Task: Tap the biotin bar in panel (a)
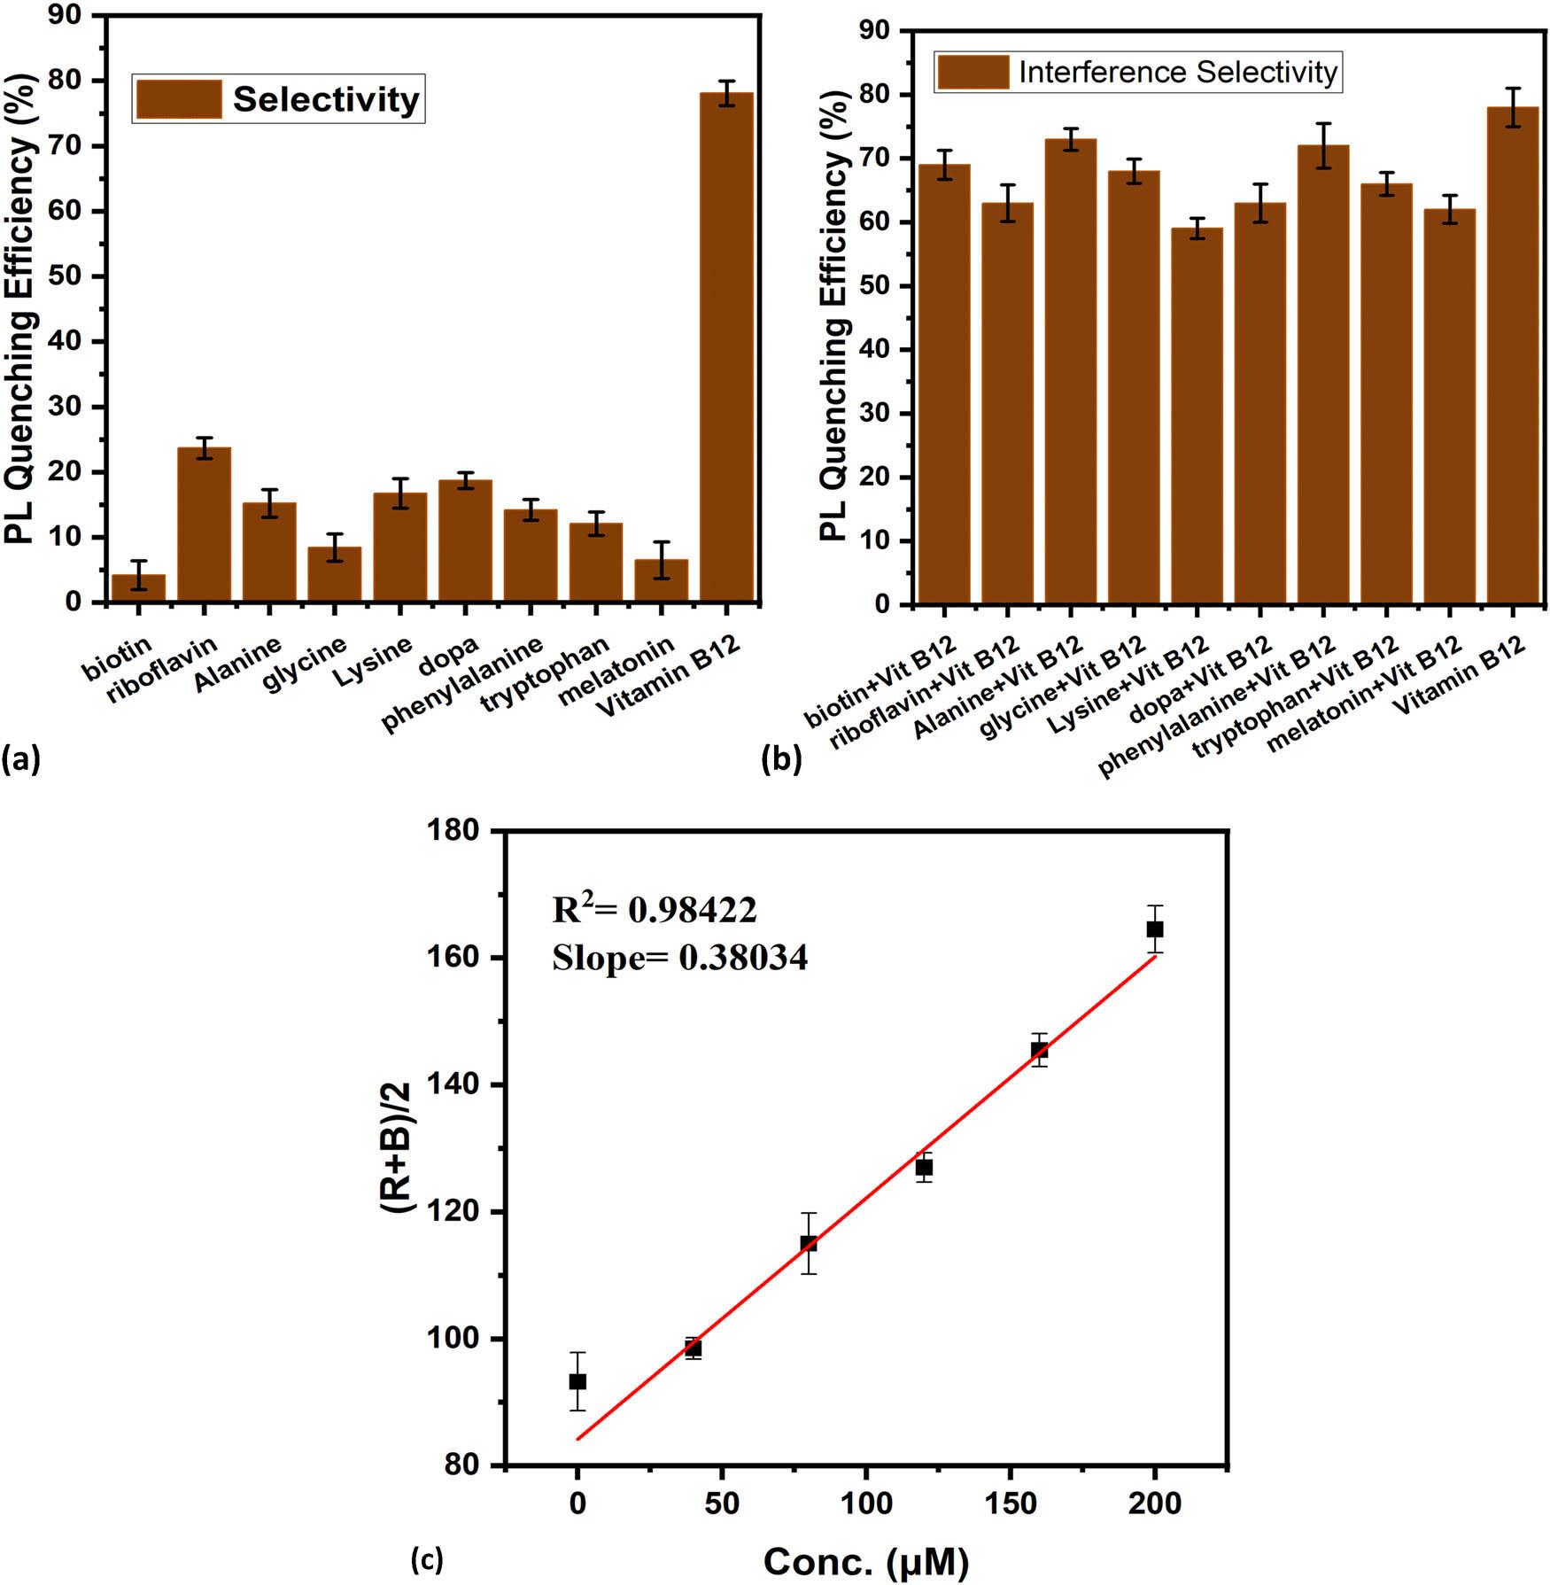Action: pos(138,588)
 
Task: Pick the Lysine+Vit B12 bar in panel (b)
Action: pos(1197,416)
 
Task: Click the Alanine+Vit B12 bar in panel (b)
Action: pos(1070,372)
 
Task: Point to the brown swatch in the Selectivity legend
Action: pos(178,99)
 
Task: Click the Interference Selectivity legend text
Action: pos(1177,72)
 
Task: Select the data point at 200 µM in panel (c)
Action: pos(1154,928)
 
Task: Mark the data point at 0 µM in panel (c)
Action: pos(577,1381)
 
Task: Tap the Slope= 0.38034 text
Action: pos(679,958)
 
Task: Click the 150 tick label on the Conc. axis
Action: pos(1010,1503)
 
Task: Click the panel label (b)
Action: pos(781,760)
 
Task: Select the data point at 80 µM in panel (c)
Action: pos(808,1244)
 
